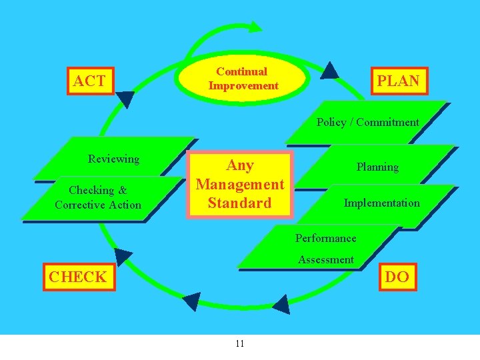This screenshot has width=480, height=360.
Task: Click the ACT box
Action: pyautogui.click(x=89, y=81)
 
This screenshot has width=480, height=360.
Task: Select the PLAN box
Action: pyautogui.click(x=399, y=81)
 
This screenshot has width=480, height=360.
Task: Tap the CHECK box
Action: pyautogui.click(x=77, y=277)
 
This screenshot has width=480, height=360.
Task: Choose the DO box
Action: pyautogui.click(x=397, y=277)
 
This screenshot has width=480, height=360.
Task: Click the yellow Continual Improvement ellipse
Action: pyautogui.click(x=243, y=79)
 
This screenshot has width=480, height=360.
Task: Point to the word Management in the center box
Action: pyautogui.click(x=240, y=184)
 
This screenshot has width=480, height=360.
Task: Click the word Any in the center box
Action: pyautogui.click(x=240, y=165)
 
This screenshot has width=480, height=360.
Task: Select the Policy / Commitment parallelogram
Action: pyautogui.click(x=367, y=122)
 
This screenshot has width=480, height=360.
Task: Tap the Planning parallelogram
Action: pyautogui.click(x=377, y=167)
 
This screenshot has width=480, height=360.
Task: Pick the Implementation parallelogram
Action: pyautogui.click(x=381, y=203)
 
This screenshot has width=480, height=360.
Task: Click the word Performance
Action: pyautogui.click(x=325, y=238)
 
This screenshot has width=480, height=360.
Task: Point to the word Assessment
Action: pyautogui.click(x=326, y=259)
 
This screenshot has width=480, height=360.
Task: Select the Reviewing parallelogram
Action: pyautogui.click(x=114, y=159)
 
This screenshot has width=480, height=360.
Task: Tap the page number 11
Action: pyautogui.click(x=240, y=343)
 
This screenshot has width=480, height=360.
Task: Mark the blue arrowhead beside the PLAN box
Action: pyautogui.click(x=329, y=71)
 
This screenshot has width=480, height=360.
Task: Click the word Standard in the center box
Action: pyautogui.click(x=239, y=203)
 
